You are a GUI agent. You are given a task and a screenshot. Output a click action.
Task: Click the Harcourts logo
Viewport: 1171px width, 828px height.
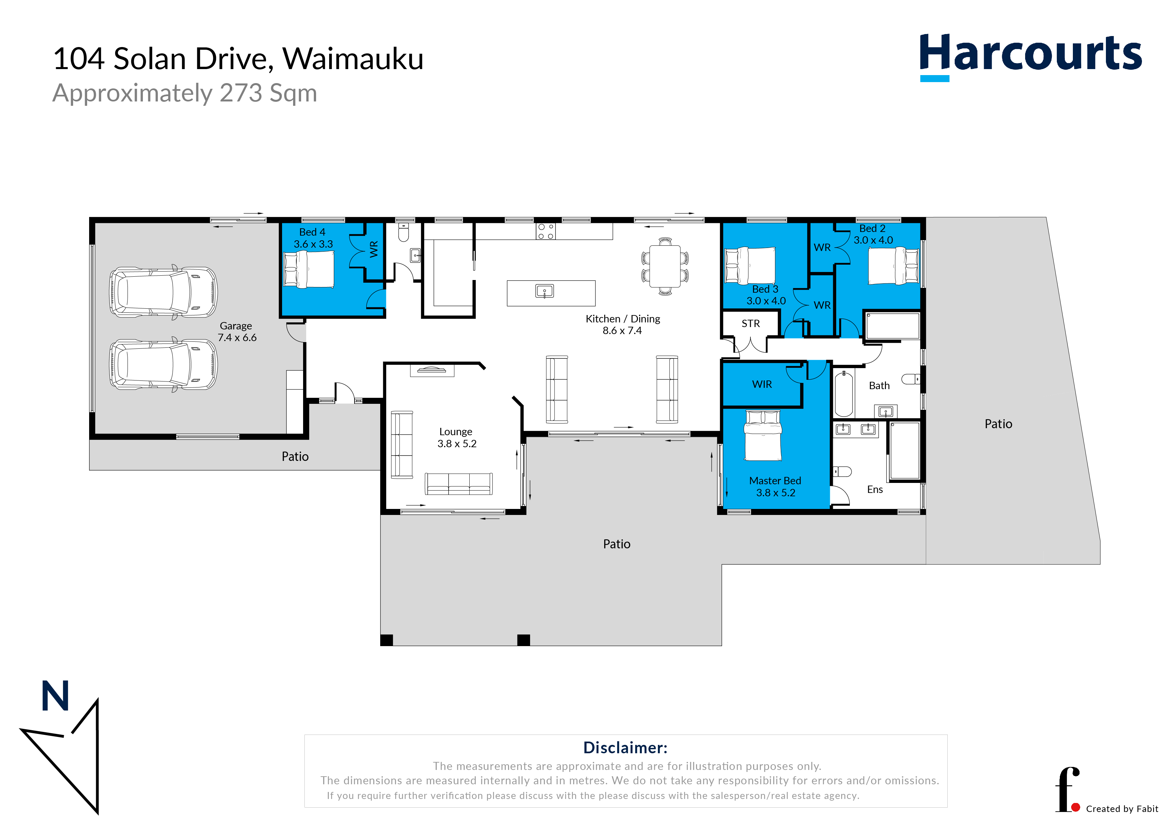(x=1030, y=56)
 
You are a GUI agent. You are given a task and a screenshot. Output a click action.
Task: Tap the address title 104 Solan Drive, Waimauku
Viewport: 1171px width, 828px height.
(x=238, y=59)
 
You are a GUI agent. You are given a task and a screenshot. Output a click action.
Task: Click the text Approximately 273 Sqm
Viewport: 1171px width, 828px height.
(x=185, y=93)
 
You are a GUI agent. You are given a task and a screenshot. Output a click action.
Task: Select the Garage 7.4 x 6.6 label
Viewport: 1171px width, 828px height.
(x=237, y=331)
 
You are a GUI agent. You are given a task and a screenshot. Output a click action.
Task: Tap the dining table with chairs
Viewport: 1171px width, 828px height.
(x=665, y=266)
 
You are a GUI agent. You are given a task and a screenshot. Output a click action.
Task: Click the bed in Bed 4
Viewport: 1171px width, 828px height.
(x=308, y=269)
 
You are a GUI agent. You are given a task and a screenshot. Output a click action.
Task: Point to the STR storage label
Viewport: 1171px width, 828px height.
(x=751, y=324)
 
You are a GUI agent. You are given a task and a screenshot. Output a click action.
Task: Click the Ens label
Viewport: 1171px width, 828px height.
(x=875, y=490)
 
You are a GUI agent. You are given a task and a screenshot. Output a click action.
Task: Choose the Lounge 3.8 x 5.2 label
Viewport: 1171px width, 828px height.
(x=456, y=438)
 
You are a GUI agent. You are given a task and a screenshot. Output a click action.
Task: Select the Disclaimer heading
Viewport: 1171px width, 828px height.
(x=625, y=748)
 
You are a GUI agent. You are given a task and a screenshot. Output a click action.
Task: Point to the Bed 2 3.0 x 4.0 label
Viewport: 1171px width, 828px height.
(x=873, y=234)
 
